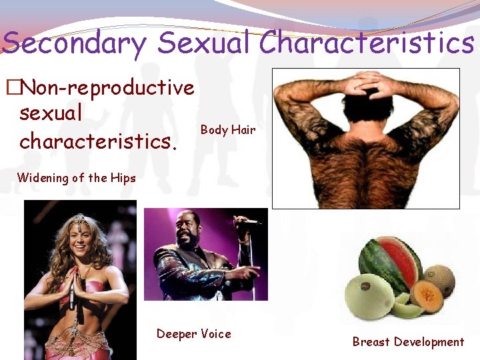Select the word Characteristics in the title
[367, 43]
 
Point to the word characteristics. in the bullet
[99, 141]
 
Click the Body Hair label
[228, 130]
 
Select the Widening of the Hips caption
[76, 177]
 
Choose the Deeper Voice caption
[193, 333]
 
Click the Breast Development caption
[408, 342]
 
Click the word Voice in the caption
[215, 333]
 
